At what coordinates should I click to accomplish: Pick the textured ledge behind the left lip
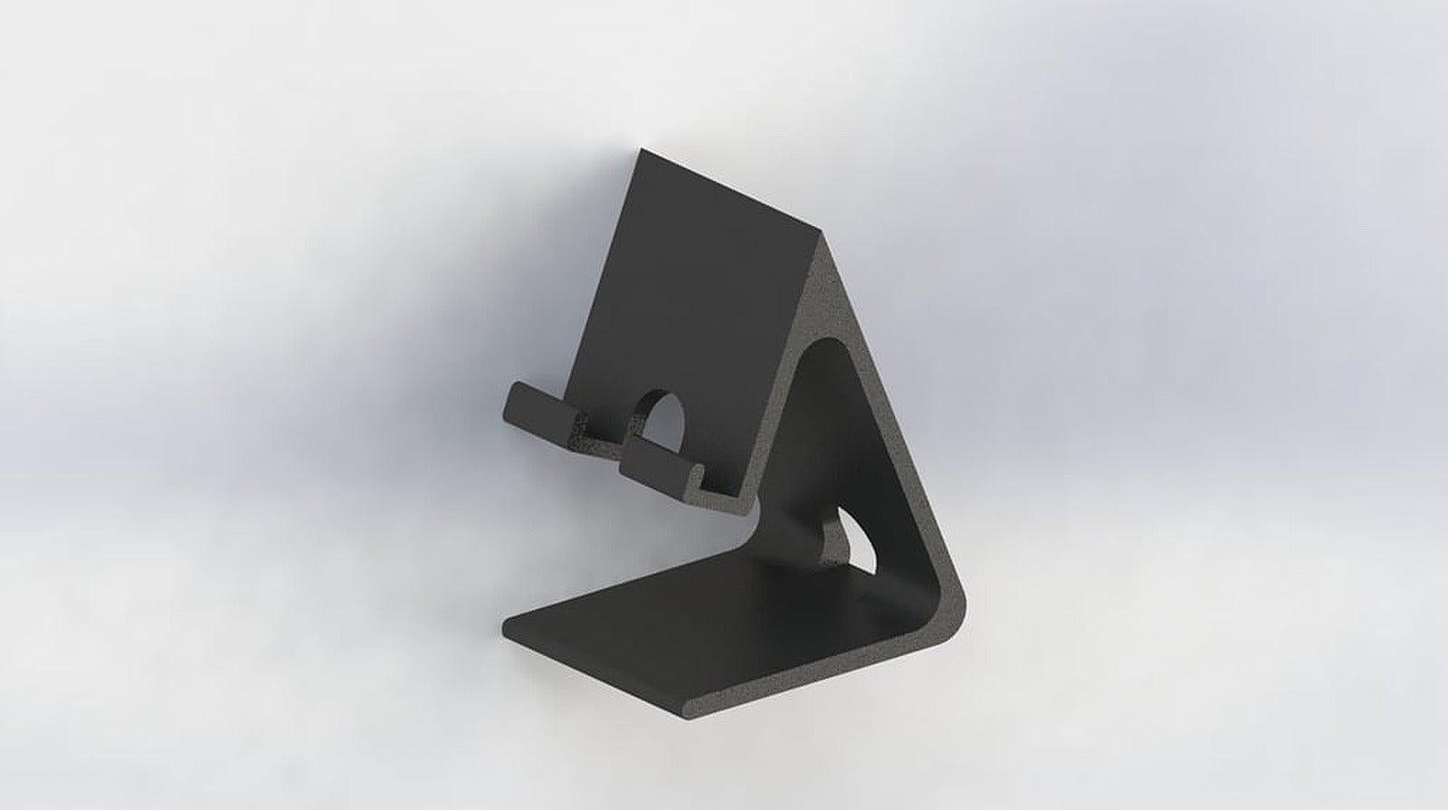click(x=593, y=439)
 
